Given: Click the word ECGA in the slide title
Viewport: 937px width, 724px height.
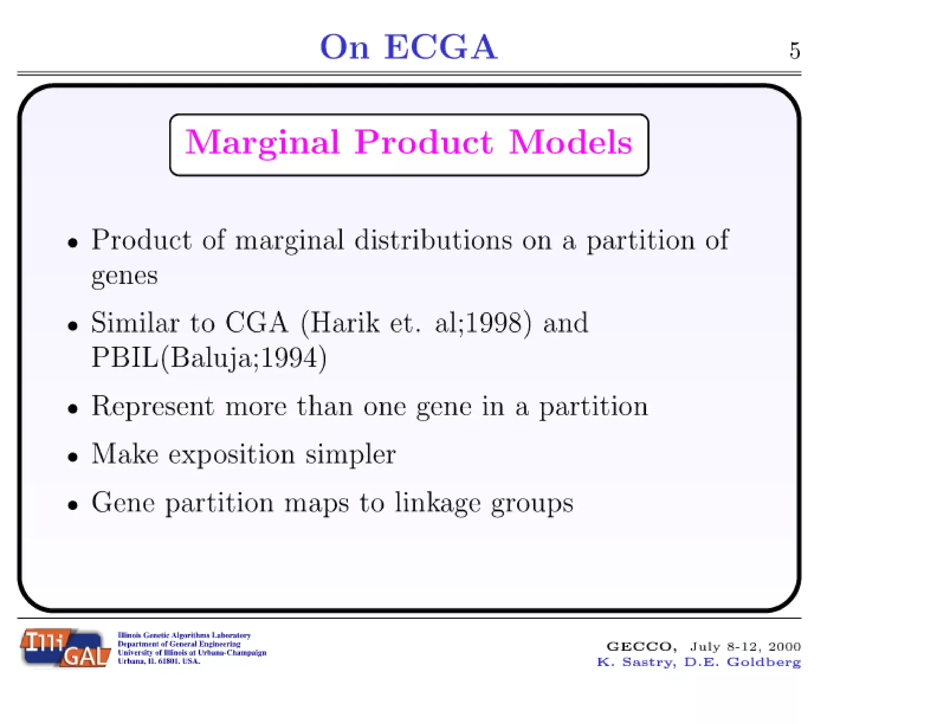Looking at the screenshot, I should tap(440, 47).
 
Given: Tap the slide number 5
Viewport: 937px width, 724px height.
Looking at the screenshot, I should tap(795, 51).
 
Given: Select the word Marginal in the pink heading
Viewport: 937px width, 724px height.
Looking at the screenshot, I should tap(262, 143).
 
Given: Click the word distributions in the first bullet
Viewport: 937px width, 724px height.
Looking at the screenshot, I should tap(433, 240).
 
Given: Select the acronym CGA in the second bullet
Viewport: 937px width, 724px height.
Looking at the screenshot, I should tap(257, 323).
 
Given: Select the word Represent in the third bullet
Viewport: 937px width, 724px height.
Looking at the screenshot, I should tap(152, 406).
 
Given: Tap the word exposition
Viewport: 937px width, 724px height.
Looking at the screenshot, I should tap(232, 454).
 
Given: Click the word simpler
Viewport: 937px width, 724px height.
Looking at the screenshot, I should tap(350, 455).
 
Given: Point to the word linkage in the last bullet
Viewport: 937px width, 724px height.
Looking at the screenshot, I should tap(437, 503).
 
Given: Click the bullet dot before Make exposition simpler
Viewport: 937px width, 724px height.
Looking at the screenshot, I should tap(72, 457).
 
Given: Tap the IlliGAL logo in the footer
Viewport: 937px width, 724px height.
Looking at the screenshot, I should tap(65, 648).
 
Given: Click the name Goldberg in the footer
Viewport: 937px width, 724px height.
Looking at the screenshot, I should tap(764, 662).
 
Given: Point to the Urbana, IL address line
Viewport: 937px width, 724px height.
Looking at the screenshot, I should tap(159, 661).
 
